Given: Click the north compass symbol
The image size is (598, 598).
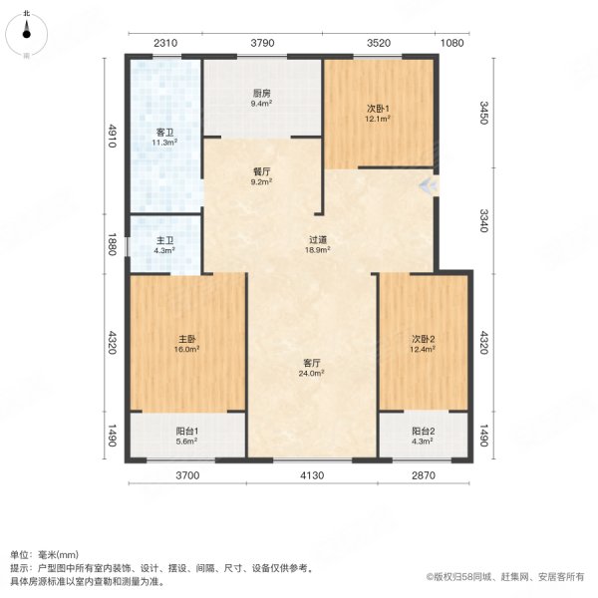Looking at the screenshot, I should tap(26, 29).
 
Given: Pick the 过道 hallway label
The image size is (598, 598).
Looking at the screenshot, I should tap(317, 244).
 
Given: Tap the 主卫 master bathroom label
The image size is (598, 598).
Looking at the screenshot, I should tap(164, 243).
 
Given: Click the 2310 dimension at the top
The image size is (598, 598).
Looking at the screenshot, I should tap(165, 43).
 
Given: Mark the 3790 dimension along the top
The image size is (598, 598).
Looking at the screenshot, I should tap(262, 43).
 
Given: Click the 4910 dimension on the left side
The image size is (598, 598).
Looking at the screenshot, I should tap(114, 135).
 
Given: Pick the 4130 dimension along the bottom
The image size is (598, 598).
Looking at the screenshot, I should tap(313, 476).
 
